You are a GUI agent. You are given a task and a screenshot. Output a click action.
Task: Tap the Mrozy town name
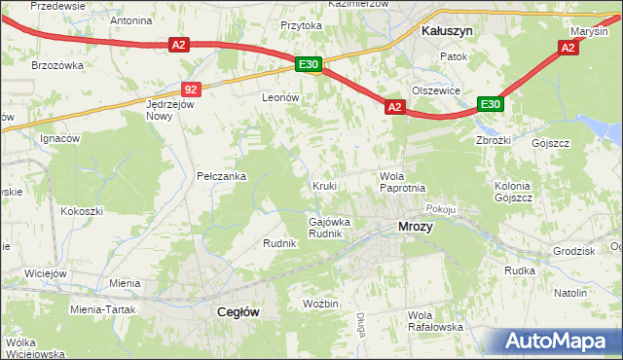416,227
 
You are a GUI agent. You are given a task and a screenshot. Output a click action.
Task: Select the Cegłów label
235,312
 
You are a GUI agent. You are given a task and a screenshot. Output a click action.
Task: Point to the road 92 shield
191,89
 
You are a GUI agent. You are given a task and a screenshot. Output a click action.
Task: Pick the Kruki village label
324,185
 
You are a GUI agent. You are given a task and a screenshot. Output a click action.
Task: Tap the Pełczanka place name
221,176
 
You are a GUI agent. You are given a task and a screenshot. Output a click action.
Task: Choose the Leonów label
279,98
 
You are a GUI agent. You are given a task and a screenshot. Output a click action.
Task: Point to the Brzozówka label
56,65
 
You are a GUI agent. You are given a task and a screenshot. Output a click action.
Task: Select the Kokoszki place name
82,210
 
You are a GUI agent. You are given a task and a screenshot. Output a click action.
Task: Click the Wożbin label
319,305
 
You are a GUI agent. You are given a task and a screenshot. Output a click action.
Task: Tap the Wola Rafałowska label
435,321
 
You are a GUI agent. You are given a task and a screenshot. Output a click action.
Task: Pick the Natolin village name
569,293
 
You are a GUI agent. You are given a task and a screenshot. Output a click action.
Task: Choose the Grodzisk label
572,251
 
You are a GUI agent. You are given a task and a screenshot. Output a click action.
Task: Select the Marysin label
589,31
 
